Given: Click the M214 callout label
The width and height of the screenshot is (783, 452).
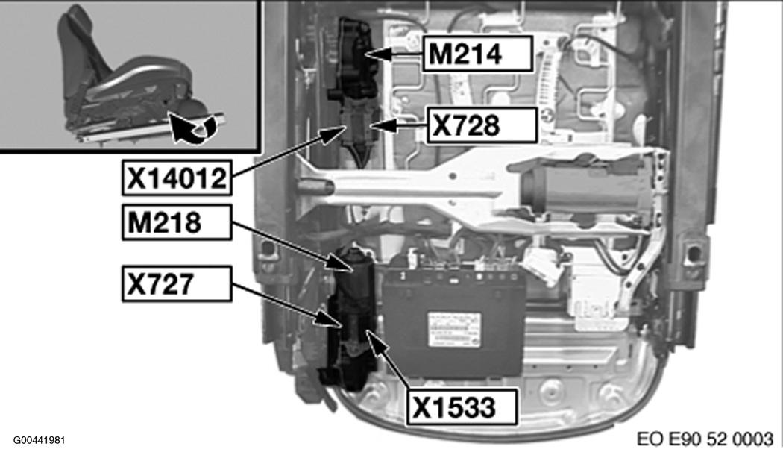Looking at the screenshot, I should tap(478, 54).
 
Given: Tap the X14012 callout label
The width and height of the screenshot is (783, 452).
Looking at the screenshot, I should tap(176, 179).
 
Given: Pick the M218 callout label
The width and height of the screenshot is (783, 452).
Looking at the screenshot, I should tap(176, 222).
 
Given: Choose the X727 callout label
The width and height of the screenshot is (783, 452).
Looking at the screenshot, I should tap(176, 283).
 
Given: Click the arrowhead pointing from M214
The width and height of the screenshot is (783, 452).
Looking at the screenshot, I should tap(373, 54).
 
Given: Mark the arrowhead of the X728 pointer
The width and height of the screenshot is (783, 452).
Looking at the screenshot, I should tap(376, 125).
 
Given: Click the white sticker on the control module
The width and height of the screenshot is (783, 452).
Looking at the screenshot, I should tap(453, 327).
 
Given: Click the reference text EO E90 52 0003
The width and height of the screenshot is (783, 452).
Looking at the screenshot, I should tap(705, 438).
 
